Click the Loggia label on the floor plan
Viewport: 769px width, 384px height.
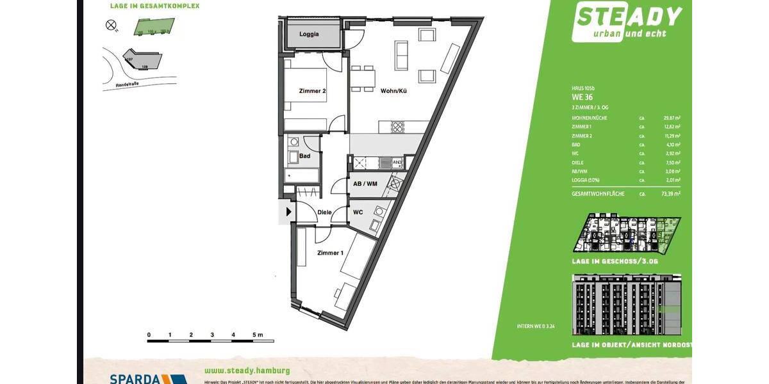coord(309,34)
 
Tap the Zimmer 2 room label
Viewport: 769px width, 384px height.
coord(312,91)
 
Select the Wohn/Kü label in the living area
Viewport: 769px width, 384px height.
coord(393,91)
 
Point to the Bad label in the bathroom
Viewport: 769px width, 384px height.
coord(305,156)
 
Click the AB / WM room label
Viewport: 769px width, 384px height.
coord(365,184)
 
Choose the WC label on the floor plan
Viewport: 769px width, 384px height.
coord(358,212)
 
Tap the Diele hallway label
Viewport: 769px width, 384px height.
coord(324,212)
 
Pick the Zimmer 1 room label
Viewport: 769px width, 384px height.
coord(330,253)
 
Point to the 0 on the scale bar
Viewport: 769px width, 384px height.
coord(149,335)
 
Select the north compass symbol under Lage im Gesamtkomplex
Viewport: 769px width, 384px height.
coord(111,25)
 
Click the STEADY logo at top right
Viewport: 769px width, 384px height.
coord(627,21)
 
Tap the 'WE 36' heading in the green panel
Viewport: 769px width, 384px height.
coord(583,97)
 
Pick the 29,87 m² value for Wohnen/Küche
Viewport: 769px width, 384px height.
coord(672,118)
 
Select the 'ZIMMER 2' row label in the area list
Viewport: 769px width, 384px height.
coord(582,136)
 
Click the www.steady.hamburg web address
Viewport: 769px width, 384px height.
coord(247,371)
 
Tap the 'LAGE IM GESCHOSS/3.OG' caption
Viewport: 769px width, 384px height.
coord(615,262)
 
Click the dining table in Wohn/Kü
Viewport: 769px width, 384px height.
coord(363,78)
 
